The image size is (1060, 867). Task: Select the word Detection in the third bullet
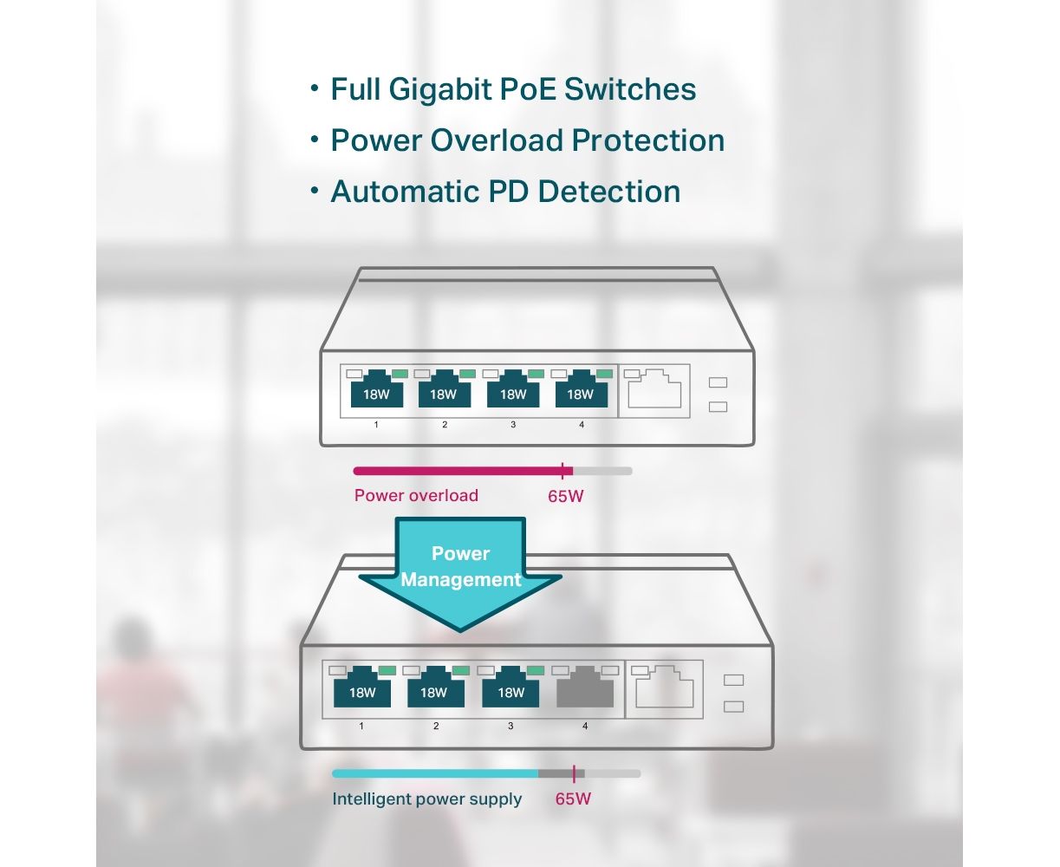[x=609, y=192]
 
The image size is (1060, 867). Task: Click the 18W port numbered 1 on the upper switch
[x=376, y=389]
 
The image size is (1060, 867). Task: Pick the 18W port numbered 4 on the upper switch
[x=581, y=389]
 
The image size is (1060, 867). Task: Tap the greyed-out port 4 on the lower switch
[x=584, y=687]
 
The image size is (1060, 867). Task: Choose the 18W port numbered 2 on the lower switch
[x=436, y=687]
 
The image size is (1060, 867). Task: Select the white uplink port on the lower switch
[x=665, y=687]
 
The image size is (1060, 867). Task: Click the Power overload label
[x=416, y=495]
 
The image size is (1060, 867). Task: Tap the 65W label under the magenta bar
[x=565, y=497]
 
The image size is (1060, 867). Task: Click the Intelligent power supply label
[x=426, y=799]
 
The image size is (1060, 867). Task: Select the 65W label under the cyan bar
[x=573, y=799]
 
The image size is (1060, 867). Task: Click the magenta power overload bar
[x=463, y=472]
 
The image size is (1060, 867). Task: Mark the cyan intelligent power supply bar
[x=435, y=773]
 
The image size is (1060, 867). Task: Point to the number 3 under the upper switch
[x=512, y=425]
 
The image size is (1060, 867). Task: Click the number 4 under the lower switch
[x=585, y=727]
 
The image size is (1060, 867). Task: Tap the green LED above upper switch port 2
[x=467, y=375]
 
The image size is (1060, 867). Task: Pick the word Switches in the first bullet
[x=630, y=89]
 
